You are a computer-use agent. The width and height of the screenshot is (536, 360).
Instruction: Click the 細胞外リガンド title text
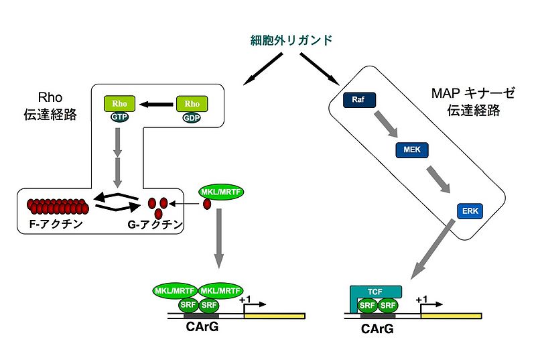[x=287, y=40]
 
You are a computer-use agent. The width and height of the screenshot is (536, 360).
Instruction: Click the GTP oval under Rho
[x=121, y=115]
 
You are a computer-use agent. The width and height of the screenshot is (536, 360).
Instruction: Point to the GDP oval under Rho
[x=192, y=115]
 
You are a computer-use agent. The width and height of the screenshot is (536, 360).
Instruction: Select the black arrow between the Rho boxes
[x=155, y=104]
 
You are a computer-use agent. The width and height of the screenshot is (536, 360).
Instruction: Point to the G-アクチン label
[x=156, y=225]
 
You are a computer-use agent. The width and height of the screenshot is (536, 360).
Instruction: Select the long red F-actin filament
[x=56, y=205]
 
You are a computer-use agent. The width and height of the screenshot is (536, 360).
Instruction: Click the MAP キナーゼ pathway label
[x=463, y=100]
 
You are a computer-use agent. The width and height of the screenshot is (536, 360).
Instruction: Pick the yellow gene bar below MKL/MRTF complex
[x=275, y=315]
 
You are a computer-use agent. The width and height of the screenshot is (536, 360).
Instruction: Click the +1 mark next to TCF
[x=422, y=300]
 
